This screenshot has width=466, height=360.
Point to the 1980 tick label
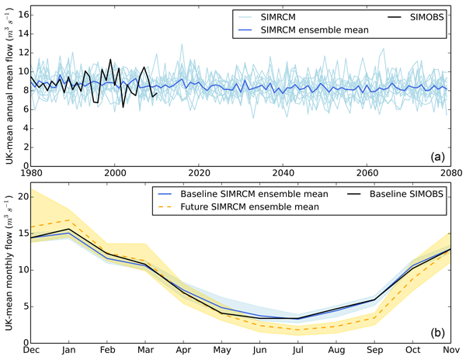tap(31, 171)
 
